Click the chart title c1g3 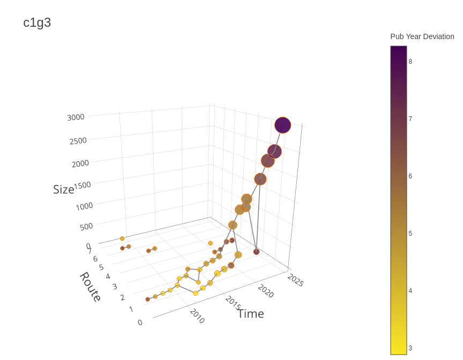tap(37, 22)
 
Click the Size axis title tap(63, 189)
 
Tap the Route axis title tap(91, 287)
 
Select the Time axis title tap(251, 313)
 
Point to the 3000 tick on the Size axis tap(76, 117)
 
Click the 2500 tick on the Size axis tap(78, 140)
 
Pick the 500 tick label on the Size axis tap(86, 227)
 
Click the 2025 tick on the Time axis tap(295, 280)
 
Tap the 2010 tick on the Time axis tap(197, 316)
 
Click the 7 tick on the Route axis tap(89, 250)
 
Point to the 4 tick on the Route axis tap(108, 276)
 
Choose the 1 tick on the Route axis tap(131, 309)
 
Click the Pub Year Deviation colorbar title tap(422, 36)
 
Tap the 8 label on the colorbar tap(410, 62)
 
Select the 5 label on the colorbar tap(410, 234)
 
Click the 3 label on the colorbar tap(410, 348)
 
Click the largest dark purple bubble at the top tap(282, 125)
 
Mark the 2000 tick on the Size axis tap(80, 163)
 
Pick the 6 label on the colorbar tap(410, 176)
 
